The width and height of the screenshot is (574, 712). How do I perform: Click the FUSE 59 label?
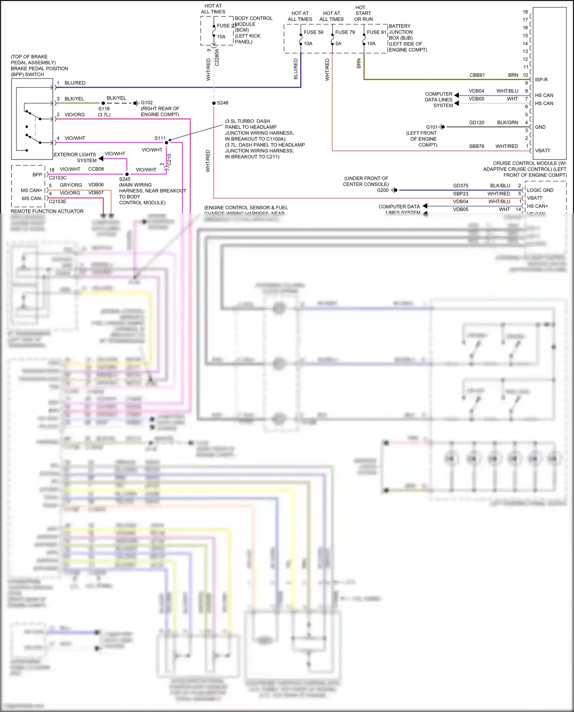313,32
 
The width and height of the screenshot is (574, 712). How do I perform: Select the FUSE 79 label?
345,32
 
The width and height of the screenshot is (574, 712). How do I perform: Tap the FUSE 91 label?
376,32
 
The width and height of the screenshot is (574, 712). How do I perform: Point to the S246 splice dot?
214,103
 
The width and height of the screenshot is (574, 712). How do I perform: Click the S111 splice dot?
166,143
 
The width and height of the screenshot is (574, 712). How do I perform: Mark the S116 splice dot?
103,103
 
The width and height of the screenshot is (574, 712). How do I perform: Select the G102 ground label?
147,103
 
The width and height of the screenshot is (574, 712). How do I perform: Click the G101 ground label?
431,127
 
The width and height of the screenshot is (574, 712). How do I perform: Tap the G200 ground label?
382,190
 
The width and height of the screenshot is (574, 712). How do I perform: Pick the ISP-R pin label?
541,80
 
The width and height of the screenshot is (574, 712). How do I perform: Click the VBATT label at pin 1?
542,151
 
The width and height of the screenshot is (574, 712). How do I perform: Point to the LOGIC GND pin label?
540,190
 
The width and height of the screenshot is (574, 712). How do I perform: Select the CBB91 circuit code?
477,75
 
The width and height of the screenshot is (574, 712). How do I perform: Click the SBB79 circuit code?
476,146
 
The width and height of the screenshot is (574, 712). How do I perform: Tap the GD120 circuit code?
476,122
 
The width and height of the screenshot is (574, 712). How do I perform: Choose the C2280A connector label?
217,57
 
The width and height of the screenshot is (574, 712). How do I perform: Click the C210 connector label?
170,160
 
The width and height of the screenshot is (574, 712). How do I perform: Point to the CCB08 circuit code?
96,169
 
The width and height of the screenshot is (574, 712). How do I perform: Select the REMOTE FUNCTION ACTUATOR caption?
47,211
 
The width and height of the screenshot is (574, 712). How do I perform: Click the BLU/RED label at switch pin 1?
75,83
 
